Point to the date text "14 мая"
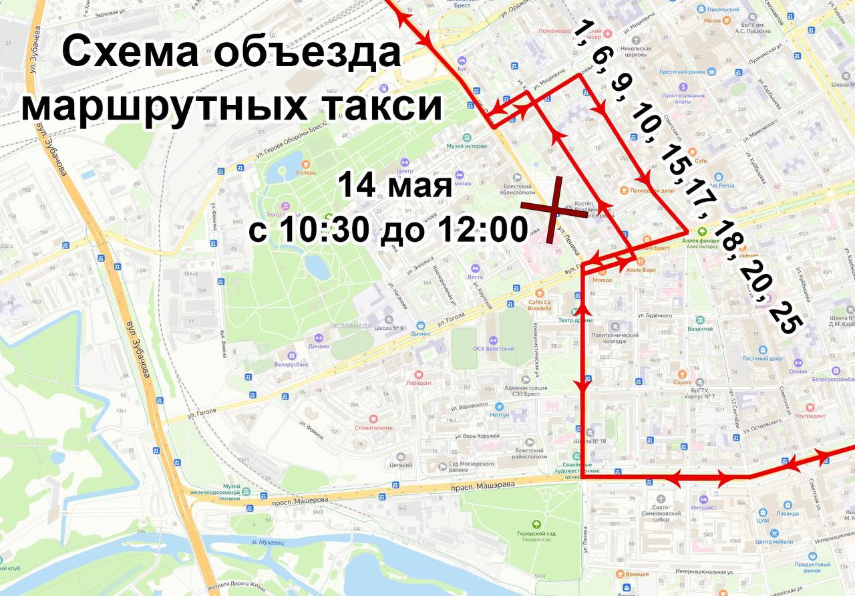coord(395,185)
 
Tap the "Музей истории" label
coord(467,146)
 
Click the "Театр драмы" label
coord(575,319)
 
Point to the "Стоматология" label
coord(373,428)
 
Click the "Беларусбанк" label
coord(291,365)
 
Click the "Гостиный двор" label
coord(762,358)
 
